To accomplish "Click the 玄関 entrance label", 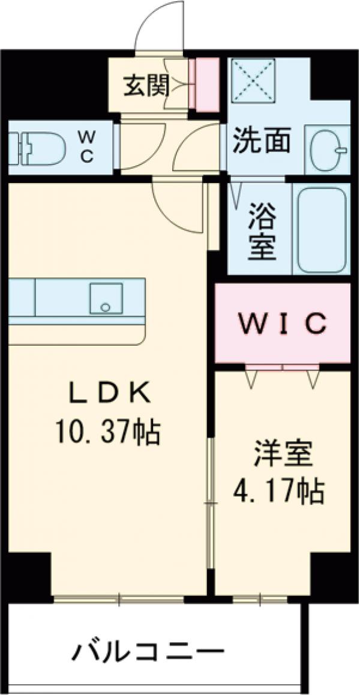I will (146, 87).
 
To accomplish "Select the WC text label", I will (86, 148).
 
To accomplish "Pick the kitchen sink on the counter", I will (106, 298).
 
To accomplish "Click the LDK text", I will (108, 394).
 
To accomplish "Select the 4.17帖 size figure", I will (279, 492).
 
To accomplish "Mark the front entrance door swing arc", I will (159, 27).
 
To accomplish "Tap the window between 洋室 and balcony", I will (260, 599).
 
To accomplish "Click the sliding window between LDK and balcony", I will (119, 599).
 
